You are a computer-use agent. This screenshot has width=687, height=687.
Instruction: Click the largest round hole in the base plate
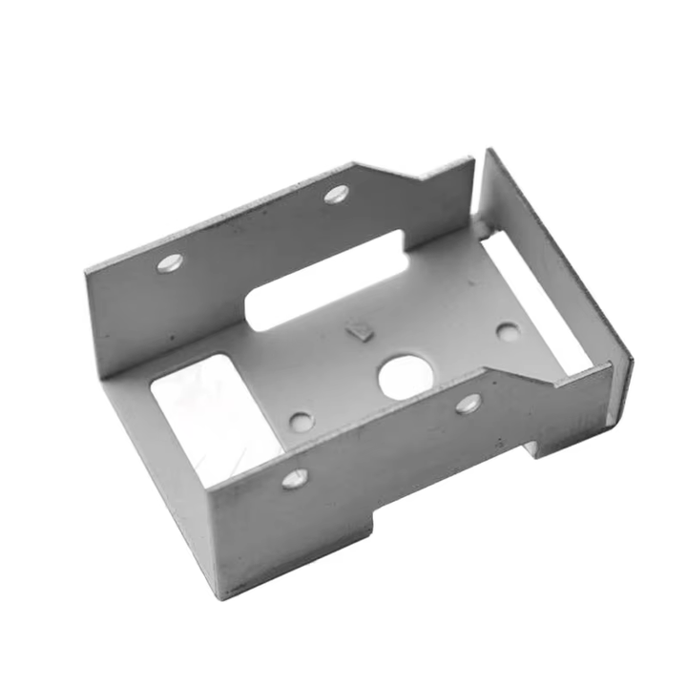(x=406, y=377)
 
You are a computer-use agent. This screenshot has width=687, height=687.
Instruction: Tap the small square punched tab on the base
(x=359, y=331)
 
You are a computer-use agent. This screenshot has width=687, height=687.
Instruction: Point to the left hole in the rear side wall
(x=169, y=262)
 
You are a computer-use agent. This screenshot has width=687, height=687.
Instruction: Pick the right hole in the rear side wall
(x=336, y=195)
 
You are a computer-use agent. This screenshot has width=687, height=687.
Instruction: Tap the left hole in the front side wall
(x=295, y=478)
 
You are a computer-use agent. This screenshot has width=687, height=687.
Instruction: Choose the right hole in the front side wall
(x=468, y=404)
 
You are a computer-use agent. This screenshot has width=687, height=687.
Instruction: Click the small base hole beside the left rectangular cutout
(x=301, y=421)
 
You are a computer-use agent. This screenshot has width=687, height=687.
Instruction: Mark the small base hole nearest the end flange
(x=508, y=332)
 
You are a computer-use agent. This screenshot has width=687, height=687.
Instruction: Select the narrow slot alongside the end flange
(x=534, y=301)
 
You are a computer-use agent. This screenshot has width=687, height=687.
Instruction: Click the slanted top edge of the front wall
(x=520, y=373)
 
